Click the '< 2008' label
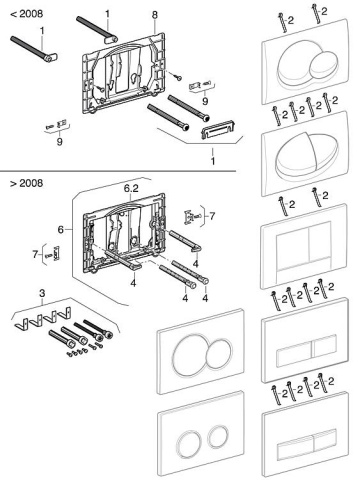tap(27, 14)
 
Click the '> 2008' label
tap(27, 183)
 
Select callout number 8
tap(154, 15)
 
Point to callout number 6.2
tap(131, 188)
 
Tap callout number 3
tap(42, 294)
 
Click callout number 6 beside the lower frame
tap(61, 230)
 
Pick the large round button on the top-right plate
tap(294, 63)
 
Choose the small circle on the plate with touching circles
tap(219, 354)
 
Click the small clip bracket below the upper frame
tap(218, 129)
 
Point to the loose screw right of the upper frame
tap(178, 76)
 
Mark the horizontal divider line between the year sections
tap(118, 171)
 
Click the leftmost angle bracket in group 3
tap(21, 323)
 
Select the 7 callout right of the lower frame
tap(212, 216)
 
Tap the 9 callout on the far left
tap(59, 142)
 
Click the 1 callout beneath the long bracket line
tap(213, 161)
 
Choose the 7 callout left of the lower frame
tap(35, 254)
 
